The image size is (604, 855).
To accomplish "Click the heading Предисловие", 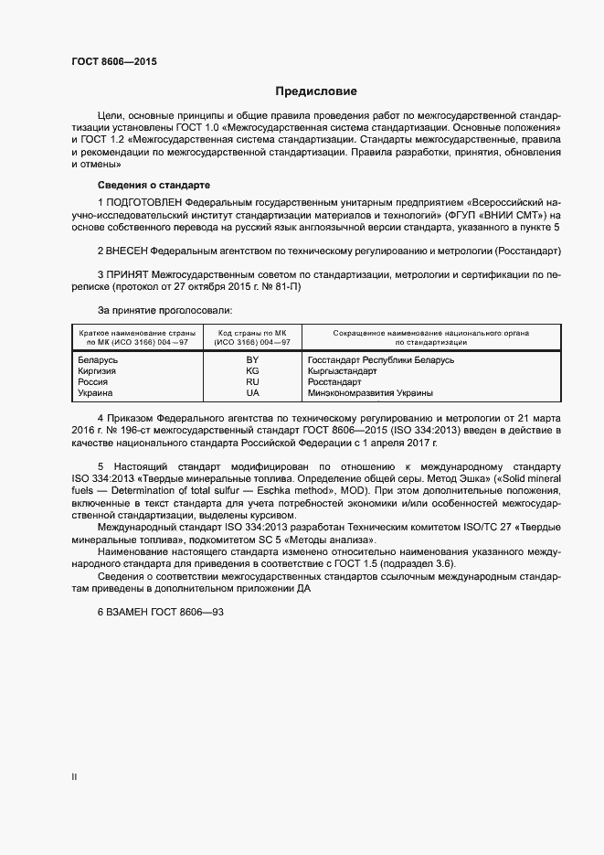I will tap(316, 91).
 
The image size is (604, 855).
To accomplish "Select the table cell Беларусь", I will tap(99, 360).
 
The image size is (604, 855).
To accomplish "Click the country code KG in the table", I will tap(252, 371).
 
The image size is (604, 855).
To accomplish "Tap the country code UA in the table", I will tap(252, 393).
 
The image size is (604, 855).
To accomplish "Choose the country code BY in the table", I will tap(252, 360).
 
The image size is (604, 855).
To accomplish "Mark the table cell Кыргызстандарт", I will tap(343, 371).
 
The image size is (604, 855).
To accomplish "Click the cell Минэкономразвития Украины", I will tap(371, 393).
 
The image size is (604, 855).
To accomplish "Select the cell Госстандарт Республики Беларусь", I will tap(381, 360).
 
